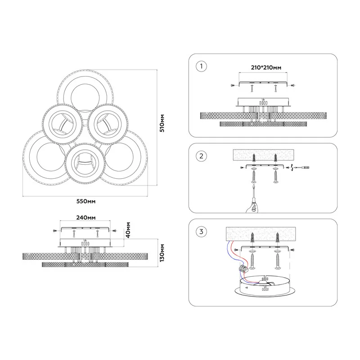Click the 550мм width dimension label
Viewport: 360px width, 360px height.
pos(86,201)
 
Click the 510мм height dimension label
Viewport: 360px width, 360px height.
pos(162,123)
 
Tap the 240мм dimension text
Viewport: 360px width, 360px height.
pos(86,217)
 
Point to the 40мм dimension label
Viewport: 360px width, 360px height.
pos(128,229)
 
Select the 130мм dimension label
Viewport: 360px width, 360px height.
pos(162,253)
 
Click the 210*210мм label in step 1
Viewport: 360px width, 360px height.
pos(266,67)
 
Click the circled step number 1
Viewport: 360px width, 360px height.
pos(201,66)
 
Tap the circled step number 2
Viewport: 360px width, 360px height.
pos(201,156)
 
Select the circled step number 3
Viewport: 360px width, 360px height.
pos(201,232)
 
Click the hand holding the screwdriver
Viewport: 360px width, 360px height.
pos(252,207)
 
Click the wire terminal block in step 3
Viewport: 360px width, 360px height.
pos(243,268)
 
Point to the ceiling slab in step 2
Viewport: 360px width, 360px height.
pos(263,155)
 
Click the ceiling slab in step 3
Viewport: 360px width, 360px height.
pos(261,234)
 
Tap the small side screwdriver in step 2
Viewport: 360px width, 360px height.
pos(302,167)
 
